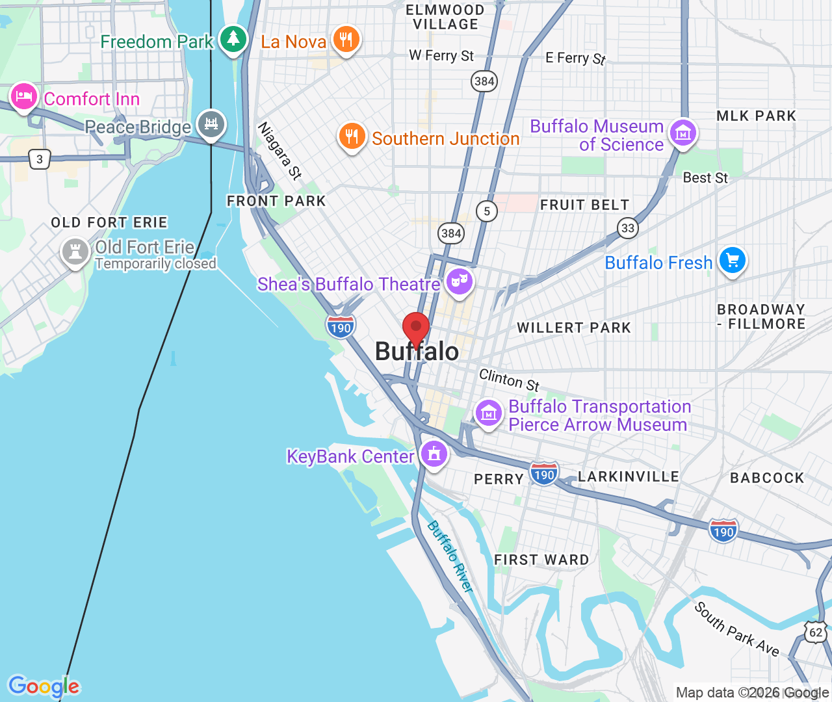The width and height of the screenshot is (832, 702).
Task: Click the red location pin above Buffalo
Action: click(x=416, y=326)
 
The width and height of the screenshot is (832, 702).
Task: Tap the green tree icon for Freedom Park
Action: click(x=233, y=40)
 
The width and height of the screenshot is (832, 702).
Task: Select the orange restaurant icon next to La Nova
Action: click(x=346, y=40)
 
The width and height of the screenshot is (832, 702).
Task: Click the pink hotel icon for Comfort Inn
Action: click(x=24, y=97)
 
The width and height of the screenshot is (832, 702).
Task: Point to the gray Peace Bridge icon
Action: click(x=211, y=123)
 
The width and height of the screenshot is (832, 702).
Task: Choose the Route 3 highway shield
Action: click(x=40, y=159)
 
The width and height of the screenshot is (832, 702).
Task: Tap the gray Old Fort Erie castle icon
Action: click(x=75, y=251)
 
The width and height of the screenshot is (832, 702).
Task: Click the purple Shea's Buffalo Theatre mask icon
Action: click(x=460, y=282)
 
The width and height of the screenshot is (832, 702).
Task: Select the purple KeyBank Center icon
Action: click(x=434, y=453)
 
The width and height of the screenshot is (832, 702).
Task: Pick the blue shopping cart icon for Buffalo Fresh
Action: click(x=733, y=261)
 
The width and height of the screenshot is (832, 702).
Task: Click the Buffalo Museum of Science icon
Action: click(x=683, y=133)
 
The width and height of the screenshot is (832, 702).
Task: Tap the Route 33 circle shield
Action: click(x=628, y=227)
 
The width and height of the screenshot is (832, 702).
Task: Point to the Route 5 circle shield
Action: click(x=487, y=211)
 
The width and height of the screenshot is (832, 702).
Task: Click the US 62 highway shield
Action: click(x=816, y=632)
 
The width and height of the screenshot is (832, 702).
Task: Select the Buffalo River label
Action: click(x=450, y=556)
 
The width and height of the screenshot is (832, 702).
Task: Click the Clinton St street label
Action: click(x=509, y=380)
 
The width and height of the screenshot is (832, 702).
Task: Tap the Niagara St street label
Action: click(x=280, y=151)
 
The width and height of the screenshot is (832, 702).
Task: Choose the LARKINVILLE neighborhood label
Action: click(x=628, y=476)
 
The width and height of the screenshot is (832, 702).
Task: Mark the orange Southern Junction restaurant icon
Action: click(x=352, y=136)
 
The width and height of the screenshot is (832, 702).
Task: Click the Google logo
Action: click(x=44, y=686)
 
